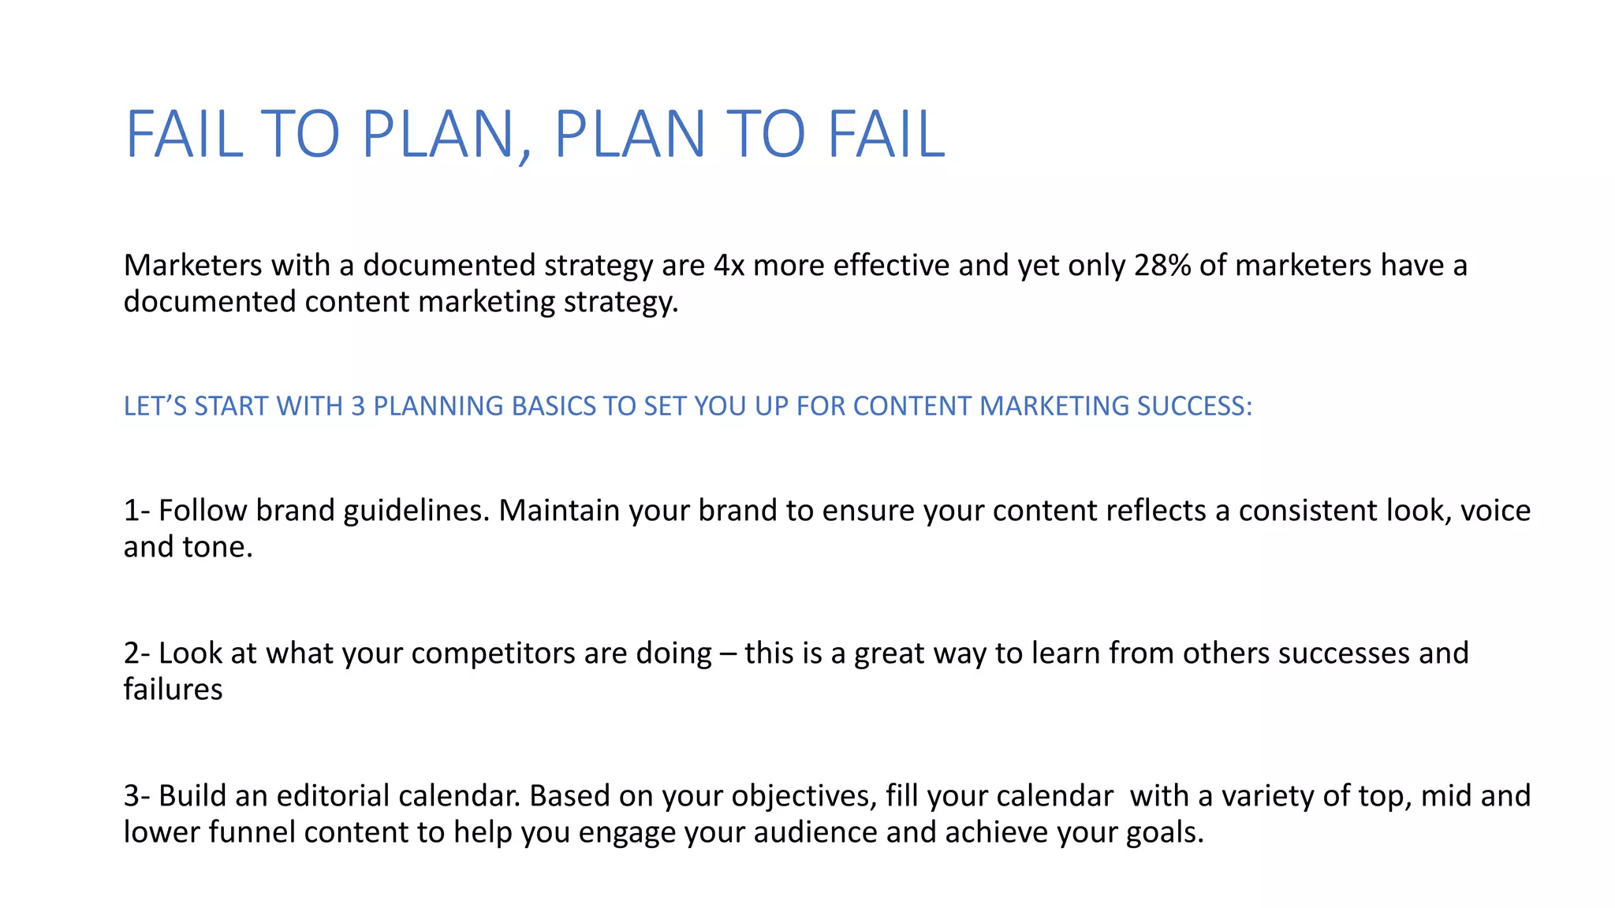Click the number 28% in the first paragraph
coord(1162,266)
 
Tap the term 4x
coord(729,266)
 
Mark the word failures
coord(173,690)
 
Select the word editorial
coord(333,796)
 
